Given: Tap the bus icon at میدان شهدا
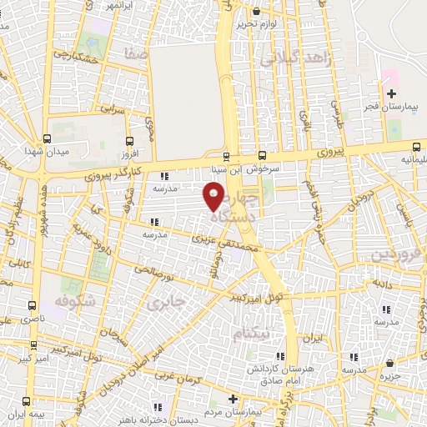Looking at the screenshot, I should pyautogui.click(x=45, y=138).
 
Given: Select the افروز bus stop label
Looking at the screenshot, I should pyautogui.click(x=128, y=154).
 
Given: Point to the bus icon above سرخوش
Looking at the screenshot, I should pyautogui.click(x=262, y=155).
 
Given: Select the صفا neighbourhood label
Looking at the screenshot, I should pyautogui.click(x=135, y=53).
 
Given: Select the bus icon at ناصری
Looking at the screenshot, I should pyautogui.click(x=33, y=305).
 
